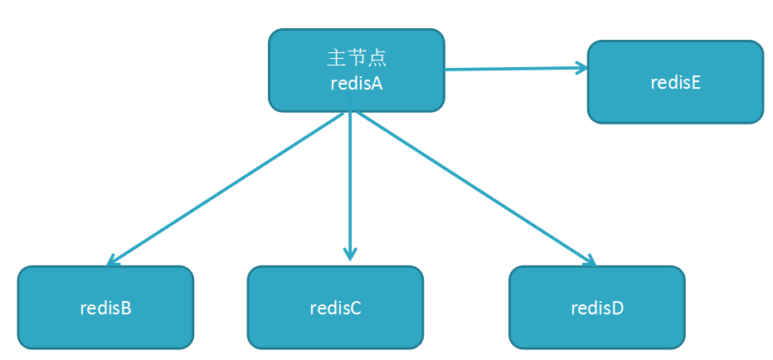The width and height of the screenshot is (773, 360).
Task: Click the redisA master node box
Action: pyautogui.click(x=356, y=71)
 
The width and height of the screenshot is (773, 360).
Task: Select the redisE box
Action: pyautogui.click(x=675, y=82)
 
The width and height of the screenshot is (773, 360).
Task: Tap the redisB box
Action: pyautogui.click(x=105, y=307)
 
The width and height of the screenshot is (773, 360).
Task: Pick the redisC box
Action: pyautogui.click(x=335, y=307)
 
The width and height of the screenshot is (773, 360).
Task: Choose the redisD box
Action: pyautogui.click(x=597, y=307)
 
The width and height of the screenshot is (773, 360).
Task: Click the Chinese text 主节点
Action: pyautogui.click(x=357, y=58)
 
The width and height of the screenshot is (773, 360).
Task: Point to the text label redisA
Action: pyautogui.click(x=357, y=83)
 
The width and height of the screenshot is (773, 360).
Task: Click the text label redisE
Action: pyautogui.click(x=676, y=82)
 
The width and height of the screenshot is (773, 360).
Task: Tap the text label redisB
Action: pyautogui.click(x=105, y=308)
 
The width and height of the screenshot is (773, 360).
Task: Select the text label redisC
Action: pyautogui.click(x=335, y=308)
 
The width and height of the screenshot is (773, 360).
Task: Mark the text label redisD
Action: pyautogui.click(x=597, y=308)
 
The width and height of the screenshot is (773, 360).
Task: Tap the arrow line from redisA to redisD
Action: pyautogui.click(x=477, y=189)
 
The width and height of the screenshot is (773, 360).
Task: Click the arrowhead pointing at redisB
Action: pyautogui.click(x=113, y=261)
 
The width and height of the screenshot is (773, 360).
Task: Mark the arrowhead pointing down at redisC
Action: pyautogui.click(x=350, y=255)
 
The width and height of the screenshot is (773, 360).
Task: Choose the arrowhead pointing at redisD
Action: pyautogui.click(x=590, y=260)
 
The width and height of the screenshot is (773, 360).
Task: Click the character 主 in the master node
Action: pyautogui.click(x=336, y=58)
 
